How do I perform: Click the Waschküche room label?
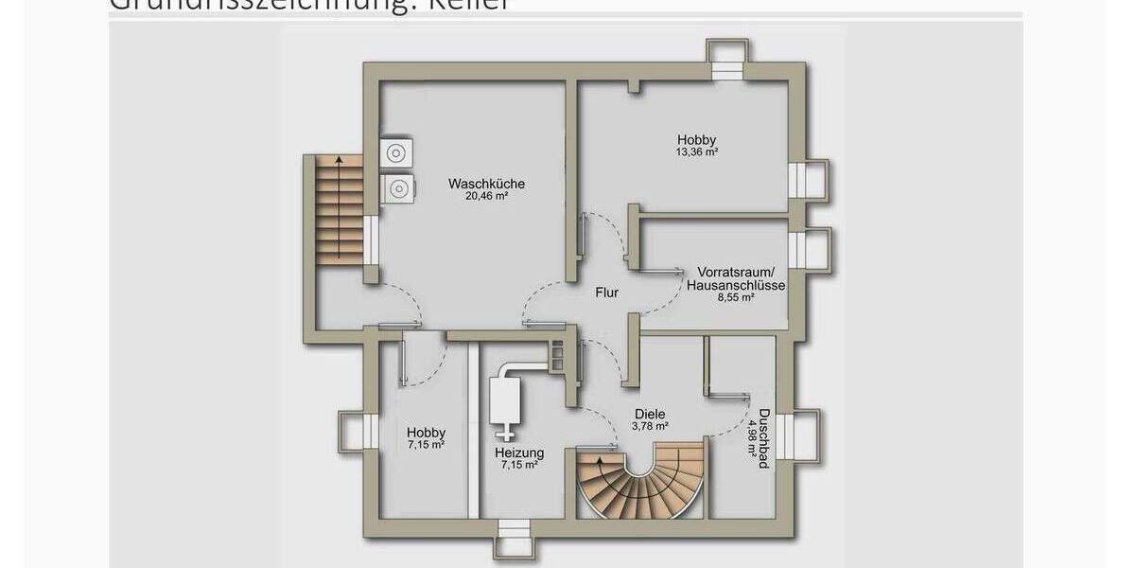click(487, 184)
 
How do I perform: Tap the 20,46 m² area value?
click(487, 197)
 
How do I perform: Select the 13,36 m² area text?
click(697, 151)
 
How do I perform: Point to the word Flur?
click(606, 293)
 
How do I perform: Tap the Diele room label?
click(651, 414)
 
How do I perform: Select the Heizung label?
click(518, 453)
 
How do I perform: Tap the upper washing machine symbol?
click(395, 153)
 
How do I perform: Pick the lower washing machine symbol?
click(395, 188)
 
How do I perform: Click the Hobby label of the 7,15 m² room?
click(426, 433)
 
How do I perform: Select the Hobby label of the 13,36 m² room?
click(696, 138)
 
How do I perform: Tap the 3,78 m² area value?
click(651, 426)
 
